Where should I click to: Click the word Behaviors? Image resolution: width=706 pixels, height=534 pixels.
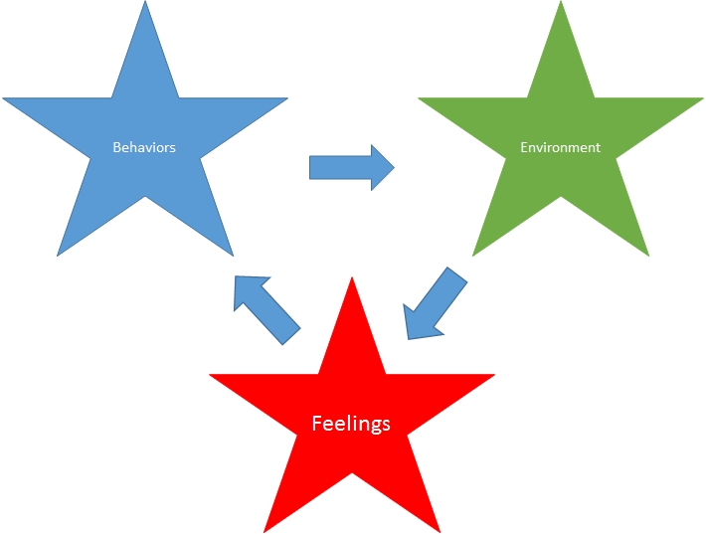[x=144, y=147]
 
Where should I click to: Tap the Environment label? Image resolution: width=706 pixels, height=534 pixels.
[x=560, y=147]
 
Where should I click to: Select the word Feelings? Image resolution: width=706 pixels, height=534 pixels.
[x=351, y=424]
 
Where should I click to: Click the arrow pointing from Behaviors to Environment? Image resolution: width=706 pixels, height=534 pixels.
[x=351, y=167]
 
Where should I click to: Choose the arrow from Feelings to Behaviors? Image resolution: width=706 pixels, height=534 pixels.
[x=265, y=309]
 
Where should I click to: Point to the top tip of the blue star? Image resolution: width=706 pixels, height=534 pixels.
[x=145, y=3]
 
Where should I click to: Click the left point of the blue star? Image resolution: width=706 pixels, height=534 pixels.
[x=5, y=98]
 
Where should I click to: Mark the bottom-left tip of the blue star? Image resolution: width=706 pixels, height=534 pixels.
[x=59, y=255]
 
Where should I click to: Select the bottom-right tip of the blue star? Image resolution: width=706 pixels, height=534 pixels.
[x=233, y=255]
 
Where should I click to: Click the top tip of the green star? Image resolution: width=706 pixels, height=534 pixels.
[x=561, y=3]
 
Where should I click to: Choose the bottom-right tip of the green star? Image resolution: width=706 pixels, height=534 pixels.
[x=648, y=255]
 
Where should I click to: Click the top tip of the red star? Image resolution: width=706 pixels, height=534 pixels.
[x=352, y=279]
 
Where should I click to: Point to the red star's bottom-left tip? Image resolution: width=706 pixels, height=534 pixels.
[x=265, y=530]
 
